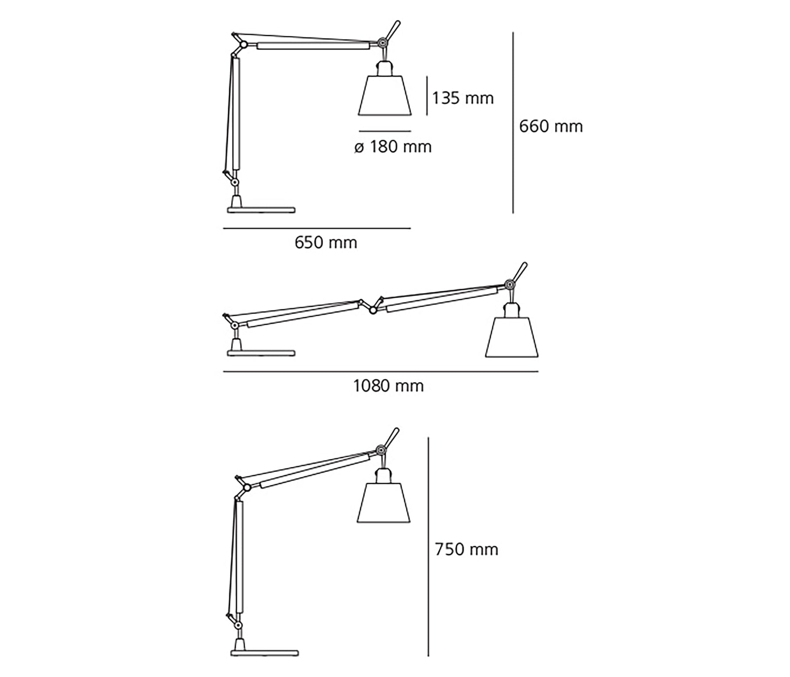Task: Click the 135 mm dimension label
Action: [463, 98]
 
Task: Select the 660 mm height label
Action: [551, 126]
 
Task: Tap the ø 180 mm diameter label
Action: [393, 147]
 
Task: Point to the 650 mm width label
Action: [326, 243]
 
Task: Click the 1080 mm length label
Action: [388, 386]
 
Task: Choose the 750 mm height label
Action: [467, 549]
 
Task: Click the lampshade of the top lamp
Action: [384, 96]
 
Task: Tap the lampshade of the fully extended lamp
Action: [512, 337]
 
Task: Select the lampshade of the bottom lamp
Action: [384, 503]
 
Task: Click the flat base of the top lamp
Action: [261, 210]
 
